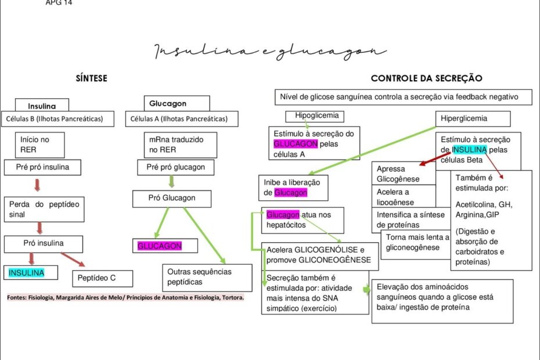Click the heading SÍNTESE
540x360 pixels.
[92, 78]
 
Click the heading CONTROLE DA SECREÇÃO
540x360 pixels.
[426, 78]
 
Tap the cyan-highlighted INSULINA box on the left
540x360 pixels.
[27, 272]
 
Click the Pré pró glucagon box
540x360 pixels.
[176, 167]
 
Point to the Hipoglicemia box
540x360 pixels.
[315, 116]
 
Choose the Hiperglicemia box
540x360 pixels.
[472, 118]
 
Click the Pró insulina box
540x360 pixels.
[43, 243]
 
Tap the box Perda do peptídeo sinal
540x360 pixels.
[44, 210]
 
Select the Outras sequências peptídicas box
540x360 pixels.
[207, 277]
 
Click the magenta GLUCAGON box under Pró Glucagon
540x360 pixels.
[160, 246]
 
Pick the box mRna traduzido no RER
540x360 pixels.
[180, 145]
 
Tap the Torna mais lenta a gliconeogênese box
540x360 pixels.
[417, 243]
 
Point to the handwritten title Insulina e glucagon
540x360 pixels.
[269, 53]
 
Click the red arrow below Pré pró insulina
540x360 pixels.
[37, 185]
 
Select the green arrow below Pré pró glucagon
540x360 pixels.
[171, 181]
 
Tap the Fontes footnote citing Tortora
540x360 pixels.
[125, 298]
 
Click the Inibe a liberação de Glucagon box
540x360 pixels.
[293, 187]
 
